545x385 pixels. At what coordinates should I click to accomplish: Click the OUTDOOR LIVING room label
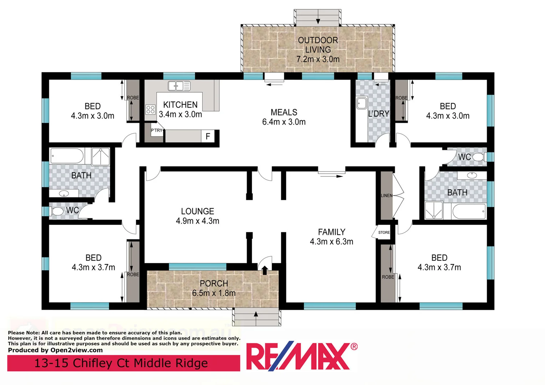[x=318, y=45]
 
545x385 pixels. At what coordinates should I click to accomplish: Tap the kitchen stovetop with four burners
[x=151, y=109]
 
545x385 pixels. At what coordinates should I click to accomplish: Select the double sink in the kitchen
[x=179, y=86]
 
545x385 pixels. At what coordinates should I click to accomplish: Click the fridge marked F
[x=208, y=136]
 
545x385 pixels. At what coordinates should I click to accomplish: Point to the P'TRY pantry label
[x=156, y=130]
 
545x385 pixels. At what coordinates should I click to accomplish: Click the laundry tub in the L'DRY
[x=362, y=103]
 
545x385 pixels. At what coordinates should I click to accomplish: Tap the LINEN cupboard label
[x=386, y=195]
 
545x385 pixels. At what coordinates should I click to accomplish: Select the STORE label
[x=384, y=232]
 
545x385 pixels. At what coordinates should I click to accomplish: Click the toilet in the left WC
[x=57, y=211]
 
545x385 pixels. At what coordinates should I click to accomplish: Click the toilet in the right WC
[x=478, y=157]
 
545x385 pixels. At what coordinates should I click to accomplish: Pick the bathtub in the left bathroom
[x=67, y=156]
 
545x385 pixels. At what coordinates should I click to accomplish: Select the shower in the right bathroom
[x=434, y=210]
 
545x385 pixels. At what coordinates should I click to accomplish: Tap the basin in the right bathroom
[x=472, y=175]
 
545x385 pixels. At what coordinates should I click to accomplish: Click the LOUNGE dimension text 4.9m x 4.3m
[x=197, y=221]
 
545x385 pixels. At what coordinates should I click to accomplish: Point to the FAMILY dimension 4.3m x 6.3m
[x=331, y=242]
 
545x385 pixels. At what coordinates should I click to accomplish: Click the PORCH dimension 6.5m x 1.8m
[x=214, y=293]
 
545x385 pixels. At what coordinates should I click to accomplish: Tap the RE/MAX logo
[x=301, y=356]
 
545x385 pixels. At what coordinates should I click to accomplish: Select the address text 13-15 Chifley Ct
[x=121, y=363]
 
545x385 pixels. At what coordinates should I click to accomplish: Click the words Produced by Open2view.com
[x=55, y=350]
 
